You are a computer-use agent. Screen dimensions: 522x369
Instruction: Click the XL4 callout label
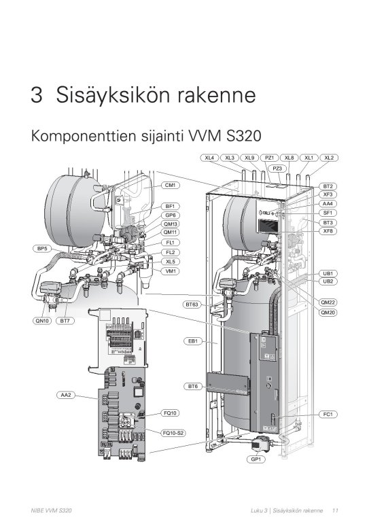point(210,158)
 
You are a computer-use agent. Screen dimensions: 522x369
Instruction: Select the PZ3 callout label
point(277,168)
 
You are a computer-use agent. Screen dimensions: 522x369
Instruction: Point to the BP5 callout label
point(42,249)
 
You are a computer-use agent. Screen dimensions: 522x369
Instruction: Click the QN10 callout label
point(42,321)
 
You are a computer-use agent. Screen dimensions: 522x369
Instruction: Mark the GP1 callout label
point(258,459)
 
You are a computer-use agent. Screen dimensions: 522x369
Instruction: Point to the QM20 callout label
point(328,311)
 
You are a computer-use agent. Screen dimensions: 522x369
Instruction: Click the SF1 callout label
point(328,213)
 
